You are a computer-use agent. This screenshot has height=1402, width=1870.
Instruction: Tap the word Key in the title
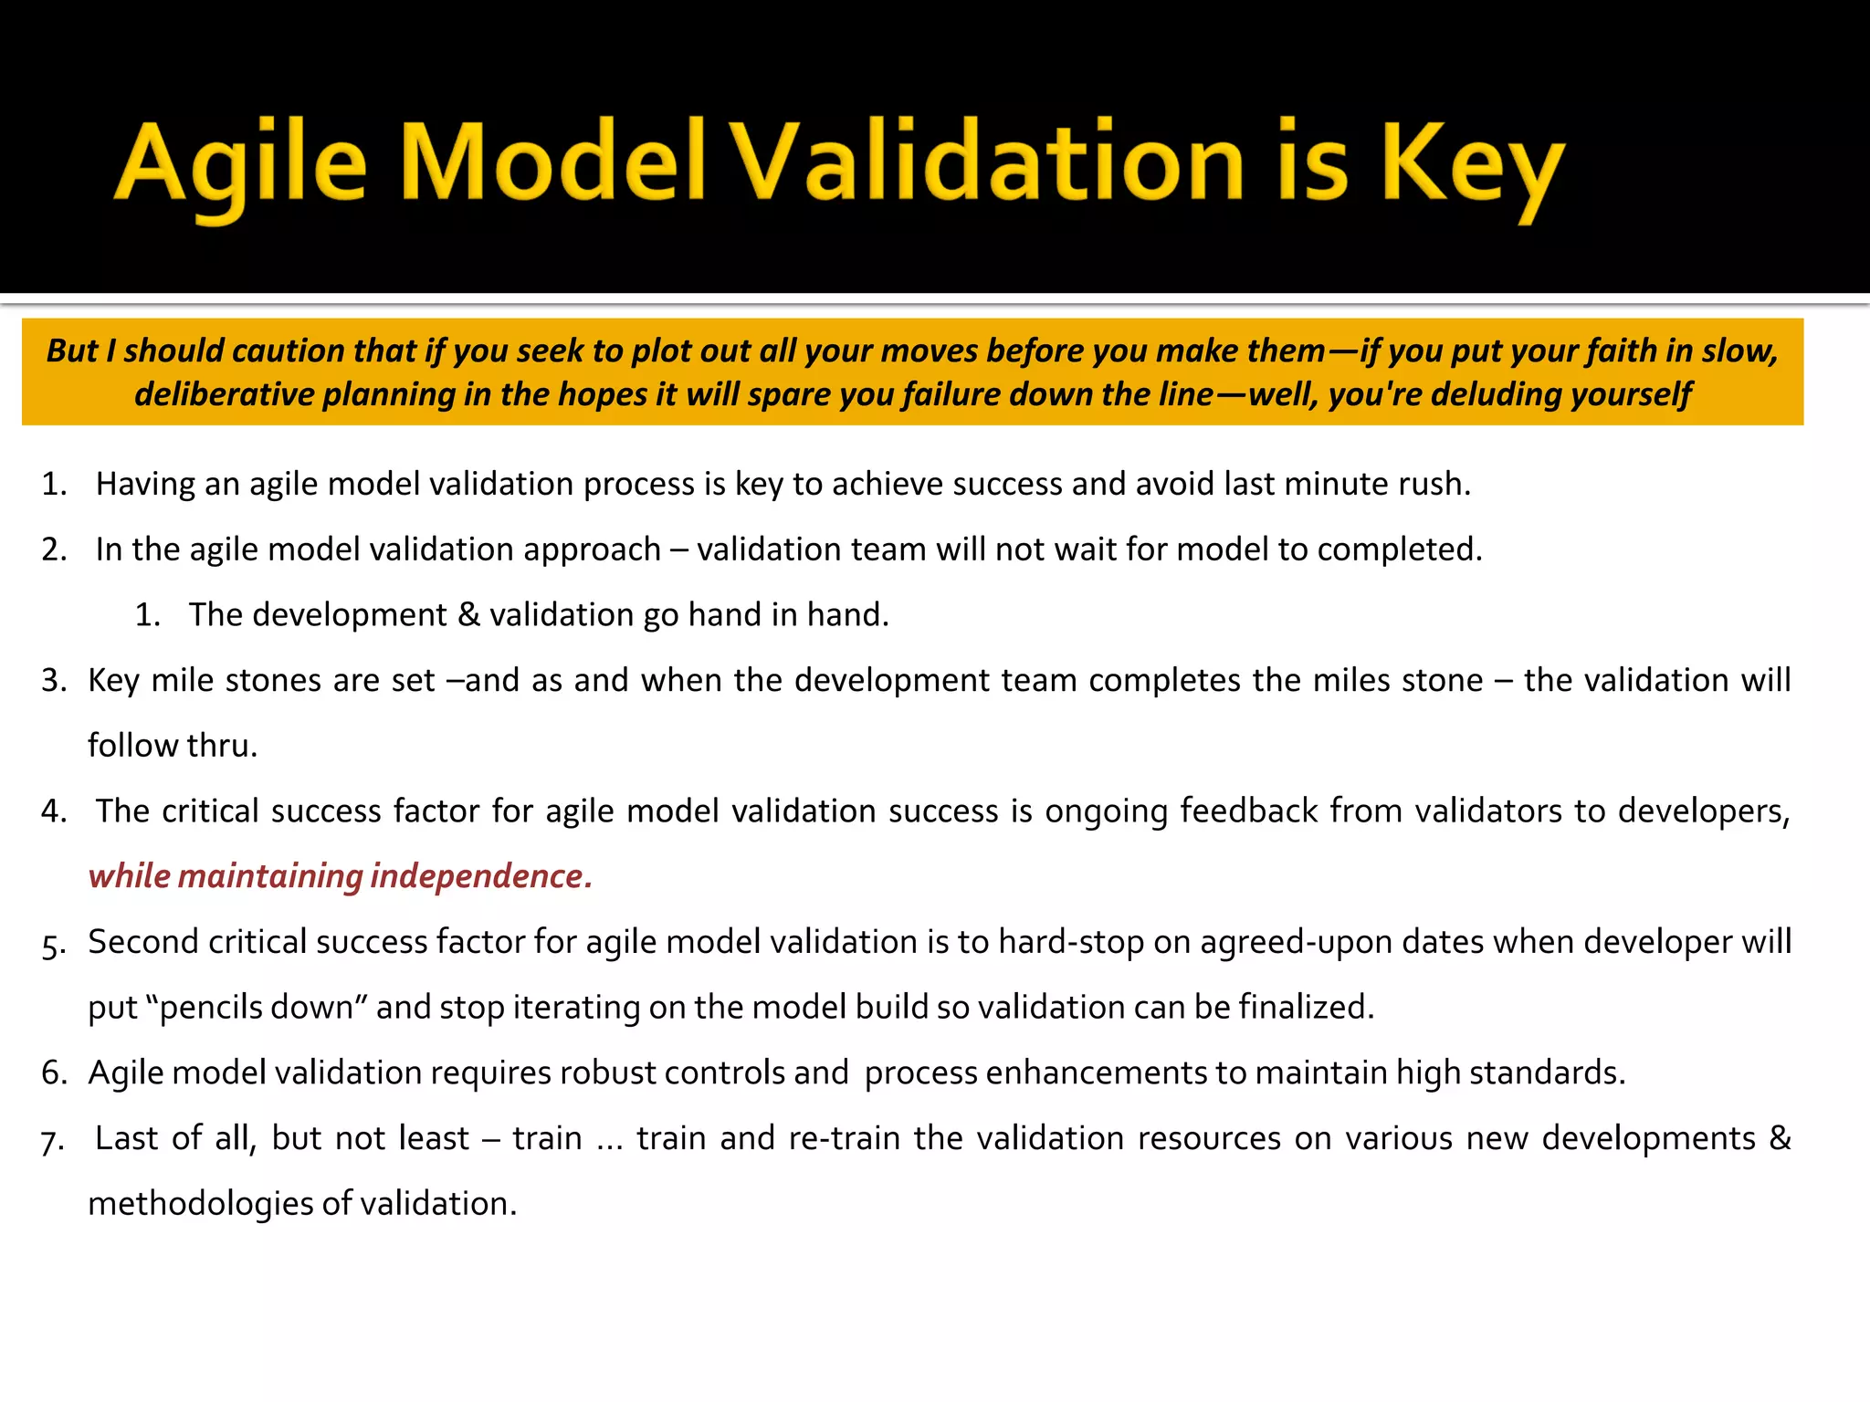[x=1472, y=164]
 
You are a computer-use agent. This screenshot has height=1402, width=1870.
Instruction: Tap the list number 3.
[x=54, y=681]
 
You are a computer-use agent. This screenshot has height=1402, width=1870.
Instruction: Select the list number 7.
[x=52, y=1141]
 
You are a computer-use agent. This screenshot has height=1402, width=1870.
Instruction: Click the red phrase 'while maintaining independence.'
[x=340, y=876]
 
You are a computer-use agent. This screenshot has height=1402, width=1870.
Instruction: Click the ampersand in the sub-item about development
[x=468, y=615]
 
